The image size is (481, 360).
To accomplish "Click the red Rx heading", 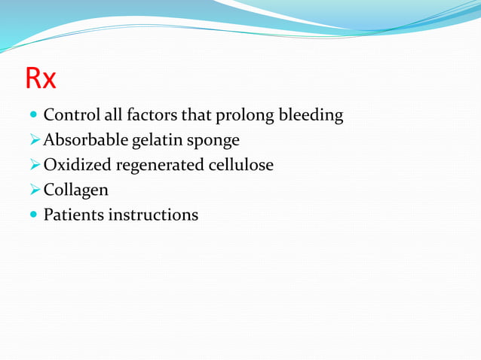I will [x=41, y=78].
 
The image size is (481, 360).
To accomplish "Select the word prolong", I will [x=247, y=117].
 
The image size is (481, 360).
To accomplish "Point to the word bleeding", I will [x=312, y=117].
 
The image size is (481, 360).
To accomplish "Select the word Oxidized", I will [x=78, y=165].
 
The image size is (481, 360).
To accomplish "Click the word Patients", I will [x=73, y=215].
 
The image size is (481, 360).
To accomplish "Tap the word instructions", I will [x=153, y=215].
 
